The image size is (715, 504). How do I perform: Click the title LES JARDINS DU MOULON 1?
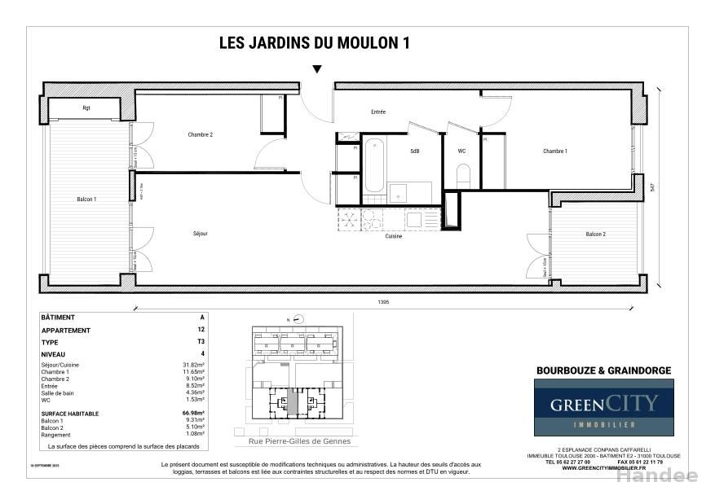point(314,44)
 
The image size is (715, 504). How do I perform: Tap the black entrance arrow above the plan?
point(317,69)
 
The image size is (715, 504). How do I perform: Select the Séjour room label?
point(201,234)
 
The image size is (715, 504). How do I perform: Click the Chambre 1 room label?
point(555,151)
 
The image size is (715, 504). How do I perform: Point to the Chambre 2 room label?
point(200,134)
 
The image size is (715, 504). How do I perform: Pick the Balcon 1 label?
point(86,199)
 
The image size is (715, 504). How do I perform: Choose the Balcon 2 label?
point(595,234)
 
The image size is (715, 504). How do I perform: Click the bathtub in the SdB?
point(374,164)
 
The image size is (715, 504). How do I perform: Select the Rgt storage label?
point(86,107)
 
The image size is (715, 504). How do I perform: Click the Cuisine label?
point(394,236)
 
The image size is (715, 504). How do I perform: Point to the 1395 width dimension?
point(383,302)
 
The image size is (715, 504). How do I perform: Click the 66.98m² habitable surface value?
point(193,414)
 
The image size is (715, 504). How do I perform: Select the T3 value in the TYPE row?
point(201,343)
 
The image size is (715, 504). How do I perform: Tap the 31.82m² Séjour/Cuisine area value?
point(193,365)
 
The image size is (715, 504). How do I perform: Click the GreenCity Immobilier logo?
point(603,407)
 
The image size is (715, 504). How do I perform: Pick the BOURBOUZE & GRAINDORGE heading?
point(603,370)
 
